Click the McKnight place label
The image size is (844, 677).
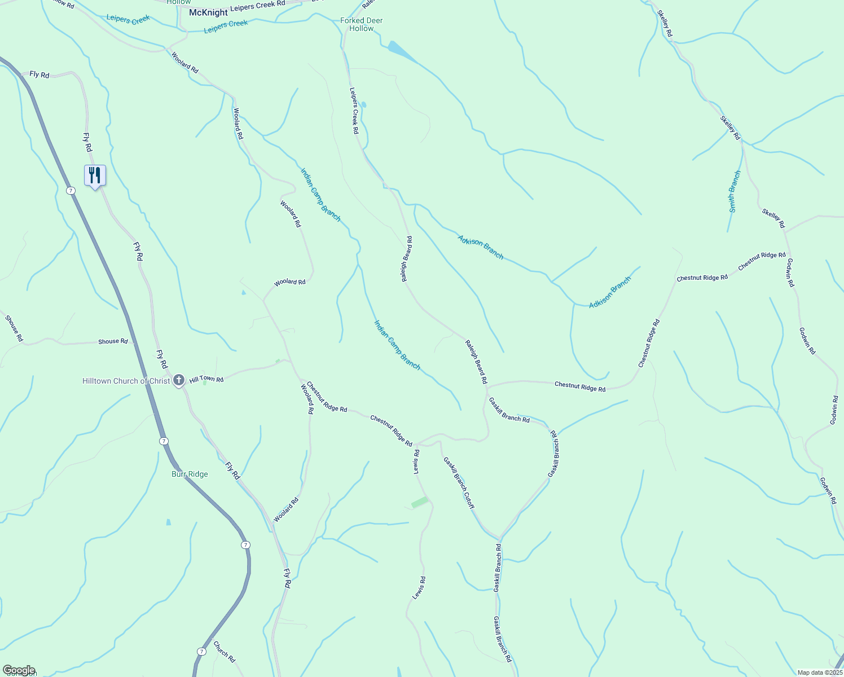pyautogui.click(x=208, y=12)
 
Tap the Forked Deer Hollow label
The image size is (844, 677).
pyautogui.click(x=362, y=24)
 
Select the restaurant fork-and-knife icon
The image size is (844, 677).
pyautogui.click(x=95, y=175)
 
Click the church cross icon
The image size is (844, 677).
pyautogui.click(x=179, y=380)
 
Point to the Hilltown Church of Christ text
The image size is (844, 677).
pyautogui.click(x=126, y=381)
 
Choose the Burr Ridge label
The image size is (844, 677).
pyautogui.click(x=190, y=474)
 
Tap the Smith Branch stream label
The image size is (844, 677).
pyautogui.click(x=734, y=191)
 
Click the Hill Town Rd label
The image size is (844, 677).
pyautogui.click(x=206, y=380)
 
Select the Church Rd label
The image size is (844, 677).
pyautogui.click(x=224, y=651)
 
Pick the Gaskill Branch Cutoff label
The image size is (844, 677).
pyautogui.click(x=459, y=482)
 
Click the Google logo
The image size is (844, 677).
pyautogui.click(x=19, y=670)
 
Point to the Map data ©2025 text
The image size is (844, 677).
pyautogui.click(x=819, y=672)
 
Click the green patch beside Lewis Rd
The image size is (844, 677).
pyautogui.click(x=420, y=502)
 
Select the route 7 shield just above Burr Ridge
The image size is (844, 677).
pyautogui.click(x=163, y=441)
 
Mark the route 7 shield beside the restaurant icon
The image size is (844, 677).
pyautogui.click(x=71, y=191)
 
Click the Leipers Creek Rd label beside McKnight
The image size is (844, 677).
pyautogui.click(x=257, y=5)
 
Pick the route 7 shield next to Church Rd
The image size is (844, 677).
pyautogui.click(x=201, y=651)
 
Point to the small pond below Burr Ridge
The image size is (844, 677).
pyautogui.click(x=168, y=522)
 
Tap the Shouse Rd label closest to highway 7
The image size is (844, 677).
pyautogui.click(x=113, y=341)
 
